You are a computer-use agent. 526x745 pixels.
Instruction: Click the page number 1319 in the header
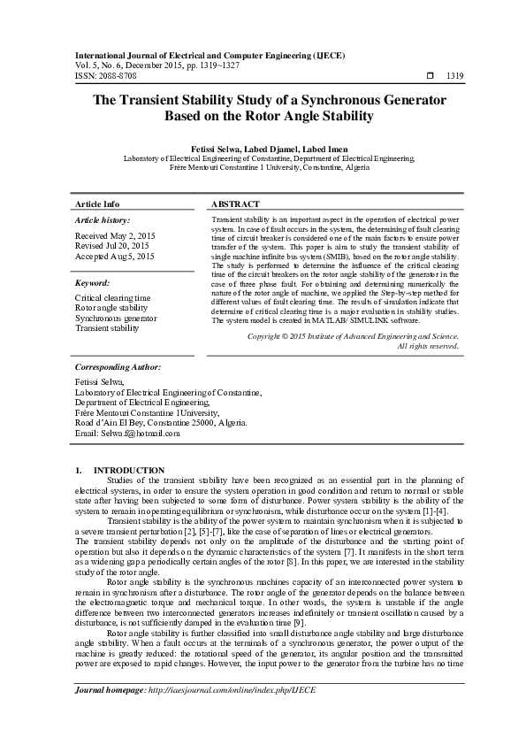click(454, 77)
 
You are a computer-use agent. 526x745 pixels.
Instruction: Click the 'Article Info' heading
click(97, 204)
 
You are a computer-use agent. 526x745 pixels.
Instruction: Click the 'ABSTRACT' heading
click(236, 204)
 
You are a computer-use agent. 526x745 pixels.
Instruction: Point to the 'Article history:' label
click(103, 219)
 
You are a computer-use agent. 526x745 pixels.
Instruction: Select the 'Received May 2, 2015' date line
click(116, 237)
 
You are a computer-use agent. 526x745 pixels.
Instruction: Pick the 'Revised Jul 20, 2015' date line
click(112, 246)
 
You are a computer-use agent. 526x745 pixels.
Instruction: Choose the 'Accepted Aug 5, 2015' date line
click(115, 256)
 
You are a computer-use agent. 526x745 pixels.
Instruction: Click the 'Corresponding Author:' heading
click(118, 366)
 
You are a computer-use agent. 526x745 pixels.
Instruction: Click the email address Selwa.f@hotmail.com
click(141, 434)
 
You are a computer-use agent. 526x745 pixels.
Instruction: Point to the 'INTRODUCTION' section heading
click(128, 470)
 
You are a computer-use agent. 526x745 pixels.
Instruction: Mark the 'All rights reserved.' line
click(429, 346)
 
